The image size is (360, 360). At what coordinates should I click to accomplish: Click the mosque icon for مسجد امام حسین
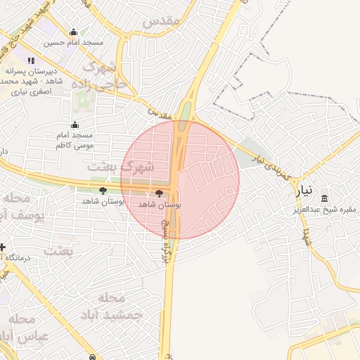point(74,32)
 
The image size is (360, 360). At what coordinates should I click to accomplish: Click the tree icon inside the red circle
point(159,193)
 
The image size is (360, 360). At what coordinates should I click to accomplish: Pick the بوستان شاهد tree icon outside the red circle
point(103,191)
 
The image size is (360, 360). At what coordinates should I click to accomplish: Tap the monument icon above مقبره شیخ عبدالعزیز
point(325,198)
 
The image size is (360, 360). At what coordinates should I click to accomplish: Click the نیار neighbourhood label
point(304,191)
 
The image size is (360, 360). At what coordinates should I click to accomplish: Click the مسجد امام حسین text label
point(74,43)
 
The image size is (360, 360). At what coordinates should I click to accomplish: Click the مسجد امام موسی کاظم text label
point(75,140)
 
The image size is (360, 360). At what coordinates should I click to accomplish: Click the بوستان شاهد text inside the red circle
point(159,204)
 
